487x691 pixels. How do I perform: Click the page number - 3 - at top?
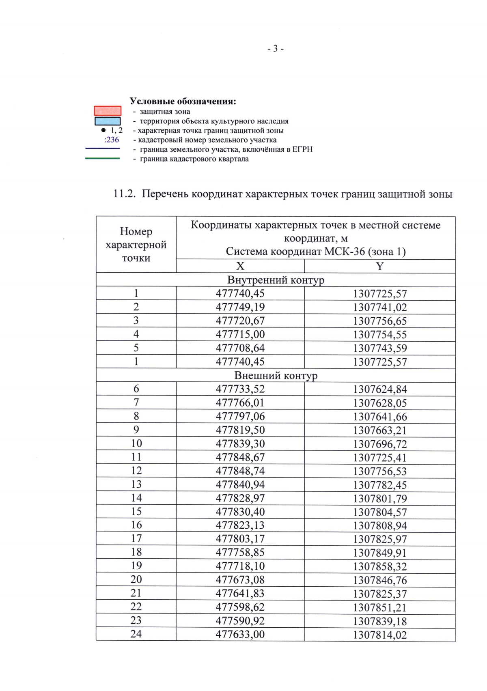pos(276,49)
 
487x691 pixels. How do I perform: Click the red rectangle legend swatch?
pos(108,111)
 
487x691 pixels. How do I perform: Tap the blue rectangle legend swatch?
pos(108,121)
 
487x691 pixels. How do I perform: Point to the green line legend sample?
pos(102,159)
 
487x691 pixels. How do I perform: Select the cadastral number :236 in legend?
pos(112,140)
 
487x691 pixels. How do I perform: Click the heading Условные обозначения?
pos(183,101)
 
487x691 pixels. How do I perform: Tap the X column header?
pos(240,266)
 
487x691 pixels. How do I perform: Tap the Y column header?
pos(379,266)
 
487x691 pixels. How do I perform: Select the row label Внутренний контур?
pos(276,280)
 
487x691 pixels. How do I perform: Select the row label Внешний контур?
pos(276,375)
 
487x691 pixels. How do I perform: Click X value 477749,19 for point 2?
pos(240,307)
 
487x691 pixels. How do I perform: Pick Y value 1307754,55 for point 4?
pos(380,335)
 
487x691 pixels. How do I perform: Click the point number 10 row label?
pos(136,443)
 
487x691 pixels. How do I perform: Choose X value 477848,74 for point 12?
pos(240,471)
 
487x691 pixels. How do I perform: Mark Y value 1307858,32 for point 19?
pos(380,566)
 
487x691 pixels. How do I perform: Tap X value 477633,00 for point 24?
pos(240,634)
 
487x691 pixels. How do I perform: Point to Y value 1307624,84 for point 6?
pos(380,390)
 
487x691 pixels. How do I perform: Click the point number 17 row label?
pos(136,538)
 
